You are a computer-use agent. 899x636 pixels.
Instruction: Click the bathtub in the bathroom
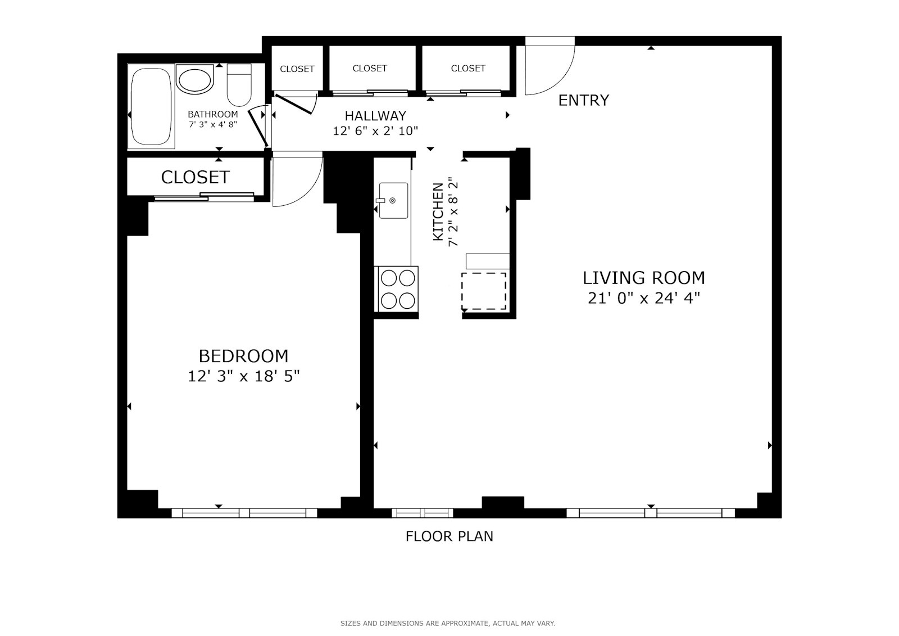click(x=151, y=107)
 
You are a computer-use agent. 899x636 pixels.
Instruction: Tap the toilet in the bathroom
click(x=239, y=85)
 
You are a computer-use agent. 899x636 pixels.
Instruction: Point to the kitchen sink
click(x=393, y=200)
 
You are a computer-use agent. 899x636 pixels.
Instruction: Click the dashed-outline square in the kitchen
click(x=484, y=291)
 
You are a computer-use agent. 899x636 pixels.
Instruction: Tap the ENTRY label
click(x=583, y=100)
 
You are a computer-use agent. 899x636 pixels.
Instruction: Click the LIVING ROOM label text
click(x=643, y=278)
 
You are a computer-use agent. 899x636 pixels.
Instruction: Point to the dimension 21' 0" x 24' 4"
click(x=643, y=298)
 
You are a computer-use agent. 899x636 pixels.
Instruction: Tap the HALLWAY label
click(x=375, y=116)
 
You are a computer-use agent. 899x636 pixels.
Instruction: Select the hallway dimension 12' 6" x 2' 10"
click(x=375, y=131)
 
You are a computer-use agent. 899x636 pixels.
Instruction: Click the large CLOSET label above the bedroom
click(x=195, y=177)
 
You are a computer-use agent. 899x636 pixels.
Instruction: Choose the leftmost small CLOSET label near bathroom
click(x=297, y=69)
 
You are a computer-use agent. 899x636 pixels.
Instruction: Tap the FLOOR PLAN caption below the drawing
click(x=449, y=536)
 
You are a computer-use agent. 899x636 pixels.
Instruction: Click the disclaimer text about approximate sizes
click(x=447, y=623)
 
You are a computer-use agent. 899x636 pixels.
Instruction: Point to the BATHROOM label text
click(x=212, y=114)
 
